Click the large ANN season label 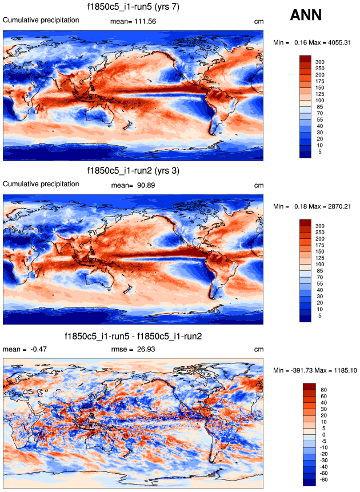306,15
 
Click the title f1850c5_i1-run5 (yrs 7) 133,7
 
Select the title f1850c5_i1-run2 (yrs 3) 133,171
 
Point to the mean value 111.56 144,21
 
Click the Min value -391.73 306,370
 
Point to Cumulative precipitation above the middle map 41,184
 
